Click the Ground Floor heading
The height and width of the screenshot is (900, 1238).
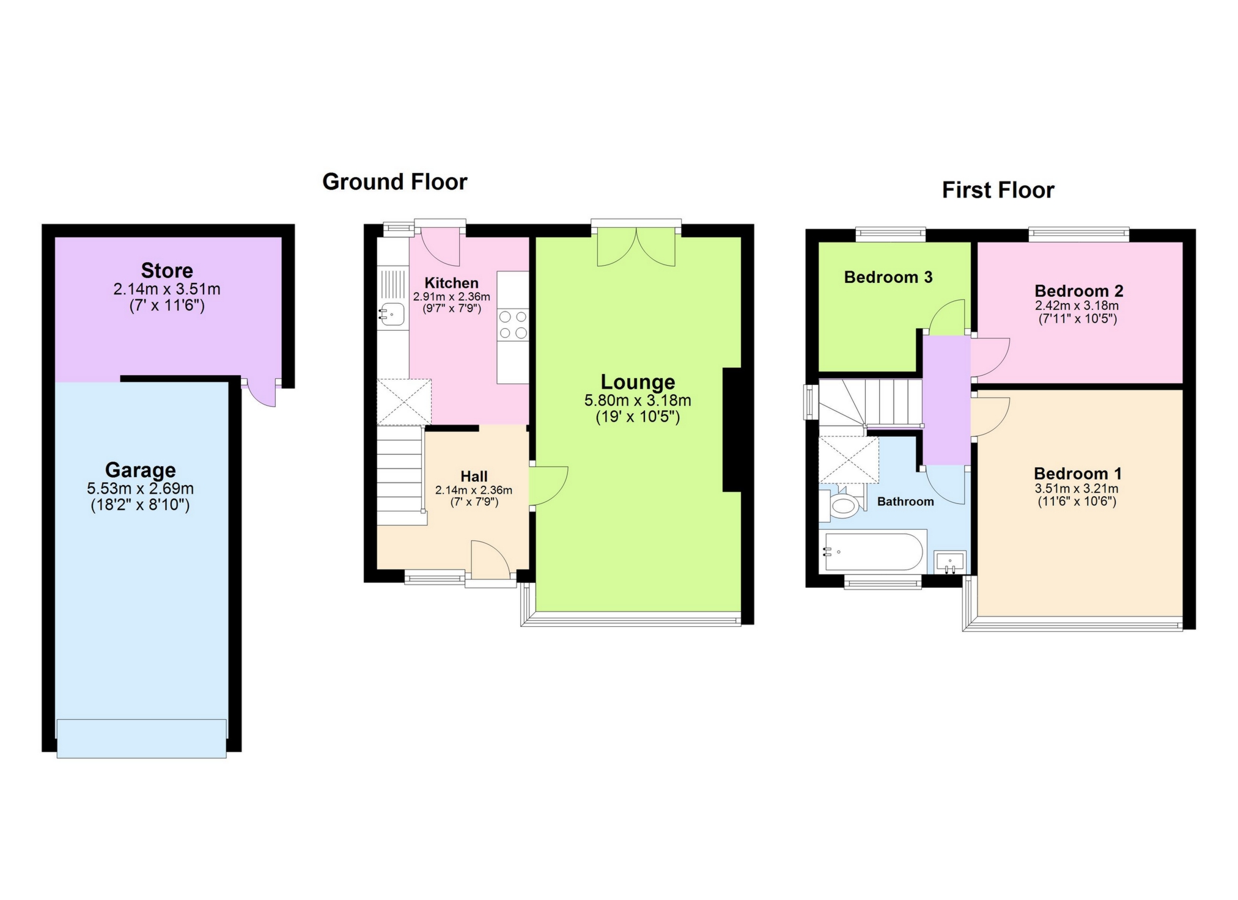394,181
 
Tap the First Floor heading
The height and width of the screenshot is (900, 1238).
998,190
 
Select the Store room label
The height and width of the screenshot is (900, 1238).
167,270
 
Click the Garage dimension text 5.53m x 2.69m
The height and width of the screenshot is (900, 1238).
140,488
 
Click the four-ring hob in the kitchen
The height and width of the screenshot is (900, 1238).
512,324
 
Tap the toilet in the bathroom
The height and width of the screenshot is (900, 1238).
844,506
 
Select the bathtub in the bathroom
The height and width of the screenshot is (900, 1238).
873,552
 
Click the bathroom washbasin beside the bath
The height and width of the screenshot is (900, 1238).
950,562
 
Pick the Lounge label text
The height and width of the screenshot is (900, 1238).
638,382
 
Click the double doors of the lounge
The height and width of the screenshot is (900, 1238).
636,247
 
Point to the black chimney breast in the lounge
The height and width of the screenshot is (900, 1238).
732,430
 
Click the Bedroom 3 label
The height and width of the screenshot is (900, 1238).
888,277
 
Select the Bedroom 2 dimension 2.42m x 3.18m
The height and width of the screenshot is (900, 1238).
1077,305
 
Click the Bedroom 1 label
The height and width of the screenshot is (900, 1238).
1077,474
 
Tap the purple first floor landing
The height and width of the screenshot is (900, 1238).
946,400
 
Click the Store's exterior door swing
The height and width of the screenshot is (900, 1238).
261,393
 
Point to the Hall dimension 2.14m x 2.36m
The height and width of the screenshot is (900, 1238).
473,490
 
